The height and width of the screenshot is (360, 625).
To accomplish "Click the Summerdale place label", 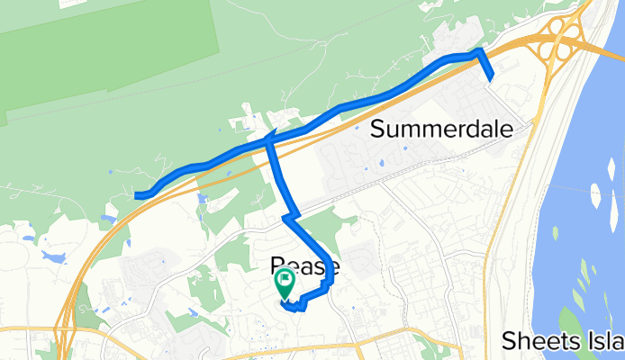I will (442, 129).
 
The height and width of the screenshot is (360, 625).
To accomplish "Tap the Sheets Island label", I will (563, 340).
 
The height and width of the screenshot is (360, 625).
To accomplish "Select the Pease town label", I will (305, 266).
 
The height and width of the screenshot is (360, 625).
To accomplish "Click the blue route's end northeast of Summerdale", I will (492, 79).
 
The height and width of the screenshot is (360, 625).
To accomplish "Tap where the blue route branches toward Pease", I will (268, 140).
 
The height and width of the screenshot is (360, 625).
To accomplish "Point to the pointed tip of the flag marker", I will (285, 299).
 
